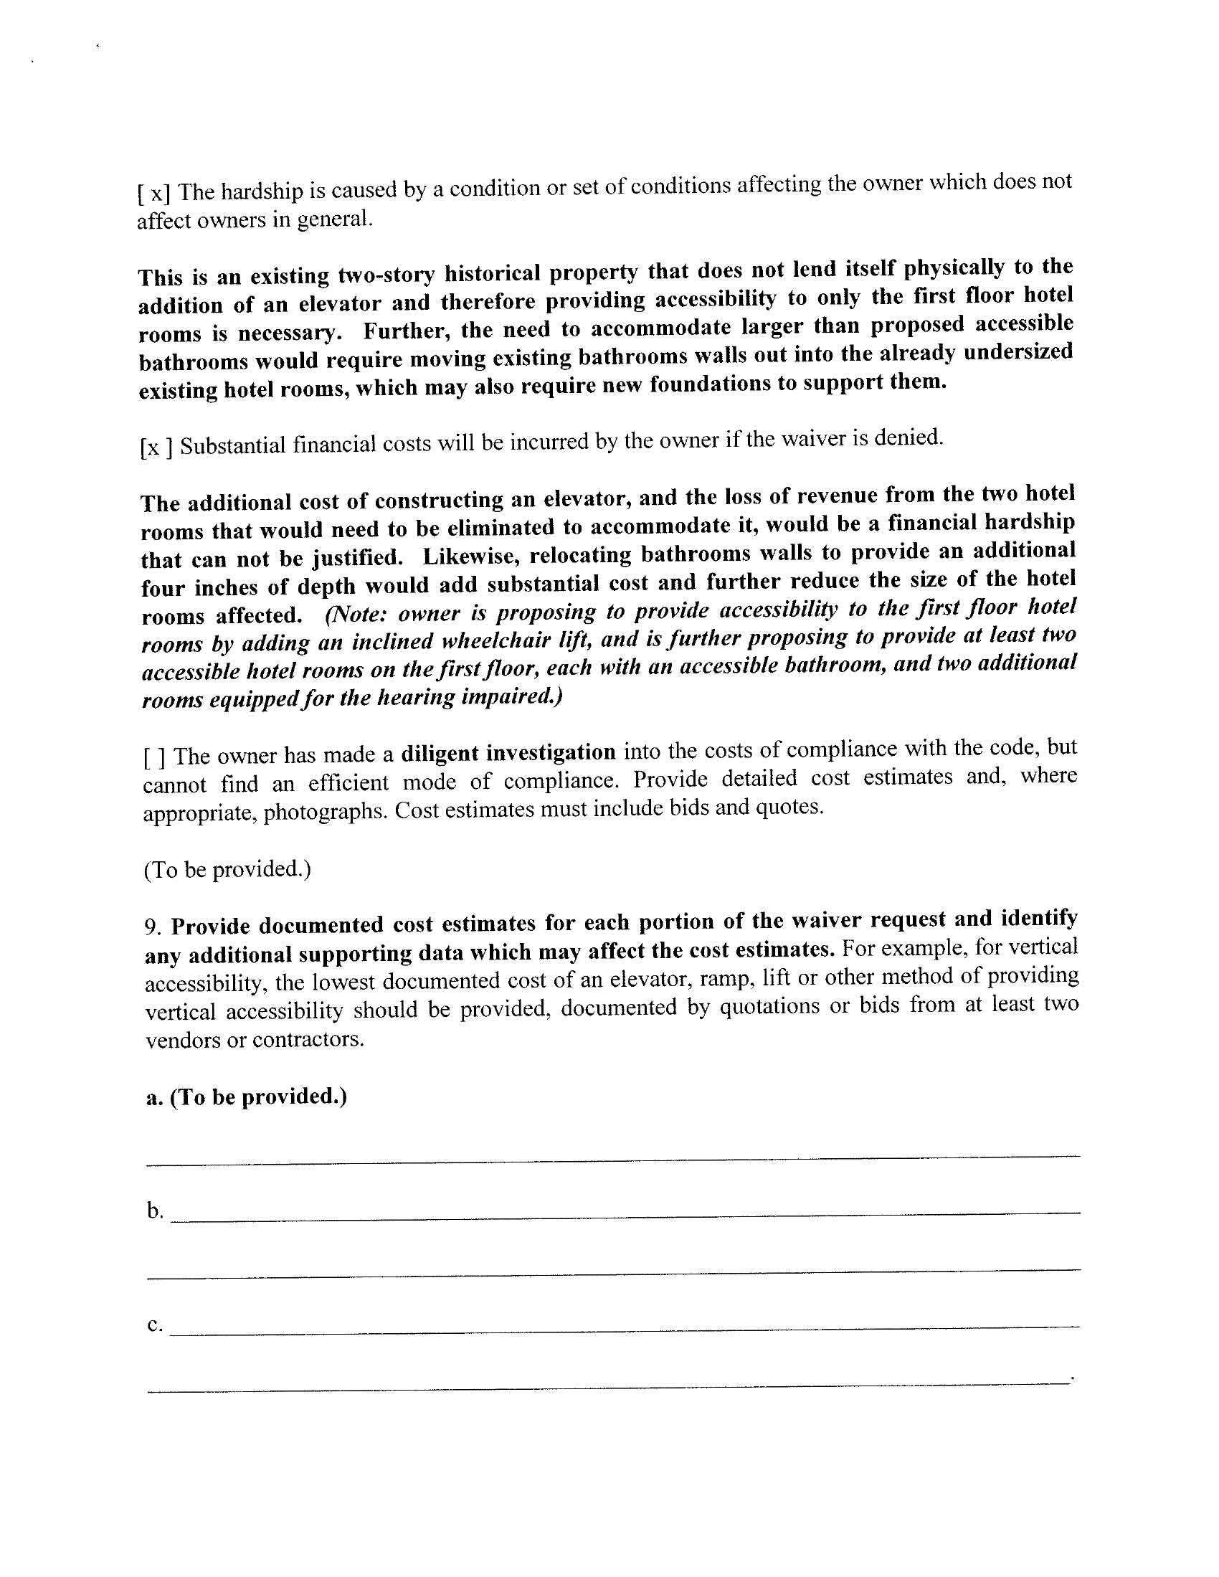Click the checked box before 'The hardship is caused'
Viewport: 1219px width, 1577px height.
tap(154, 194)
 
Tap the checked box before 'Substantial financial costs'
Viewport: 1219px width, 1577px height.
tap(156, 448)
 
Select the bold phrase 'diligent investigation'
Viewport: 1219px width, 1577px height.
tap(508, 753)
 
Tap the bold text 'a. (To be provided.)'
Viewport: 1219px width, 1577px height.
tap(246, 1097)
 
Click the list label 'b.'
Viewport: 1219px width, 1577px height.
tap(155, 1211)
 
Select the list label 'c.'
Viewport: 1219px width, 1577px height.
tap(154, 1325)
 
